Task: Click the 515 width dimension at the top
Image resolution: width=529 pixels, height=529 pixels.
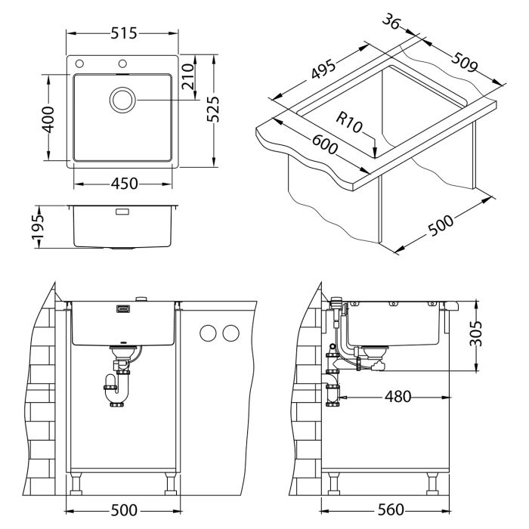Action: click(x=123, y=34)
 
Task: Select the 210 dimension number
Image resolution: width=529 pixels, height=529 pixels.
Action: click(x=189, y=77)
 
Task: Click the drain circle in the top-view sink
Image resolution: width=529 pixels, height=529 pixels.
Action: click(x=123, y=100)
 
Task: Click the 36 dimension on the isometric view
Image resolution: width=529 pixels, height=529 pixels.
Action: click(x=390, y=23)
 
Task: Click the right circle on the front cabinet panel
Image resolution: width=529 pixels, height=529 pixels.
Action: click(x=231, y=333)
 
